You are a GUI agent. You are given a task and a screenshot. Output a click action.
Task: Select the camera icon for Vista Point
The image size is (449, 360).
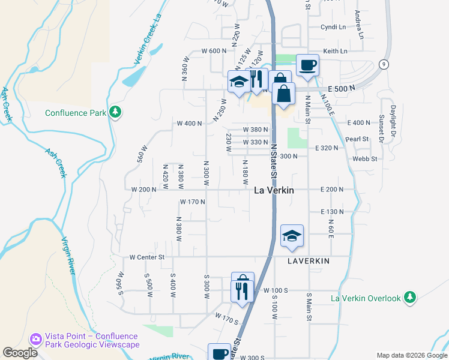[36, 340]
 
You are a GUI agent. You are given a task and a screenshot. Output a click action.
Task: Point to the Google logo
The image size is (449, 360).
[20, 353]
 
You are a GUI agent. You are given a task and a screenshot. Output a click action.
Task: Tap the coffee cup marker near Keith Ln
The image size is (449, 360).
[307, 65]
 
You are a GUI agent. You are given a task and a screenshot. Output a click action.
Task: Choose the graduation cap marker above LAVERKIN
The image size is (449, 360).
[292, 236]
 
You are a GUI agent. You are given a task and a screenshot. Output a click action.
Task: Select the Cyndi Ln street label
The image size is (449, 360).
[333, 27]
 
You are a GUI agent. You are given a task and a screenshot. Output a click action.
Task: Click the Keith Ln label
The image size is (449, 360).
[336, 51]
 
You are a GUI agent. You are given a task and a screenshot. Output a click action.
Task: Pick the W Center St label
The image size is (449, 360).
[146, 257]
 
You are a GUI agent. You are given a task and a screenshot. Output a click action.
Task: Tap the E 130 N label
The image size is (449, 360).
[332, 212]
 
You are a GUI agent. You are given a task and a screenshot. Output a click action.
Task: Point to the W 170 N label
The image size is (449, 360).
[192, 202]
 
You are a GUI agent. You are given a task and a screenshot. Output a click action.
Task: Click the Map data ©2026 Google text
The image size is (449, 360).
[410, 355]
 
